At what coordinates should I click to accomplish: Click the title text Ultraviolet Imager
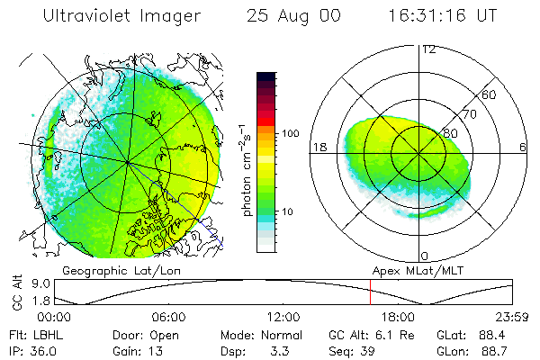(x=112, y=16)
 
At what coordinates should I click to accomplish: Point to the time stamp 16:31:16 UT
(x=442, y=16)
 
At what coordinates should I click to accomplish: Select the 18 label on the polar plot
(x=319, y=147)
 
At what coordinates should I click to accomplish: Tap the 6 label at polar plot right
(x=523, y=147)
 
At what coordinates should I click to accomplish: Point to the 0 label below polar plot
(x=425, y=256)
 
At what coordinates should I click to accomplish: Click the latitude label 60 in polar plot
(x=490, y=94)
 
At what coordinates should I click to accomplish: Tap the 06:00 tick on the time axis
(x=168, y=318)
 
